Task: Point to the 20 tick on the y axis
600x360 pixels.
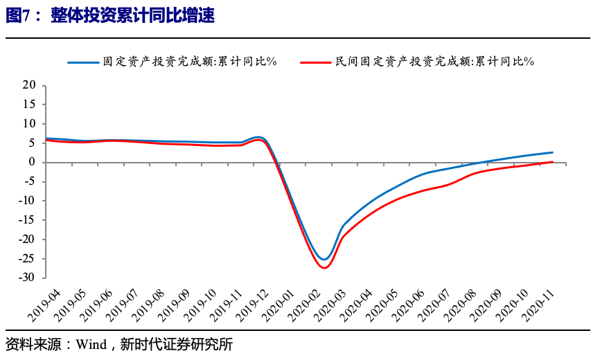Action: coord(28,85)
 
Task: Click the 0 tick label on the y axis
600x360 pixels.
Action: coord(32,162)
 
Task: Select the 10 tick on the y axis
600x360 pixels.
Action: coord(28,124)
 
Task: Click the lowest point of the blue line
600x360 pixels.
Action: coord(324,260)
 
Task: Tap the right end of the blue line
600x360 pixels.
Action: coord(552,152)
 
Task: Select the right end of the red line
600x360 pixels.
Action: coord(552,162)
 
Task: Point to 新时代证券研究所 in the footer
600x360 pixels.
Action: coord(164,344)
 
